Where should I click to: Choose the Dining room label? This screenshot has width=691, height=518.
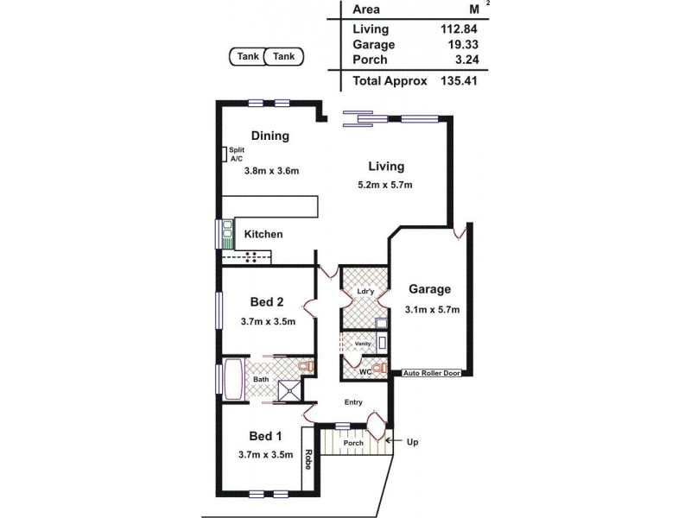[269, 136]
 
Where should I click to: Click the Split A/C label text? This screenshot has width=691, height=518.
[237, 155]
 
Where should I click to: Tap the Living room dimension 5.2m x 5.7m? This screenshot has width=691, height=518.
[385, 185]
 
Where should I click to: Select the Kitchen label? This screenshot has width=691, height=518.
[263, 234]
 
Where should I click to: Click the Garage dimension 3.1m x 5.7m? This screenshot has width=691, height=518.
[431, 309]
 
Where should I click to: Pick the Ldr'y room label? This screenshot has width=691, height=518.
[365, 291]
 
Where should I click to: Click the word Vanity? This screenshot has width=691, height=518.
[362, 344]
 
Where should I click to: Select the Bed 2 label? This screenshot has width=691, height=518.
[267, 301]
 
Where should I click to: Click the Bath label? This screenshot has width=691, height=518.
[260, 379]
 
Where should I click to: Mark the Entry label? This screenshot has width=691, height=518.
[352, 402]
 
